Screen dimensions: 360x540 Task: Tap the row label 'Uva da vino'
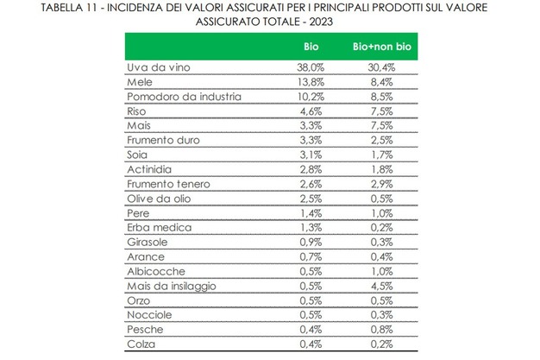coord(152,66)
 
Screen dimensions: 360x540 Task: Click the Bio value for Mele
coord(311,81)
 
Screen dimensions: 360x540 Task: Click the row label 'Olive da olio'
coord(155,199)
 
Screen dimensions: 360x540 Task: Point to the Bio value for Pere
coord(311,213)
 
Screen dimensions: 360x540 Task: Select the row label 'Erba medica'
coord(154,228)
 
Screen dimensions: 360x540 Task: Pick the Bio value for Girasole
coord(311,243)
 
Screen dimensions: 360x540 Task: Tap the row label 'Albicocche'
coord(152,272)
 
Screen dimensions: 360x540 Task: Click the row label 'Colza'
coord(140,345)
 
